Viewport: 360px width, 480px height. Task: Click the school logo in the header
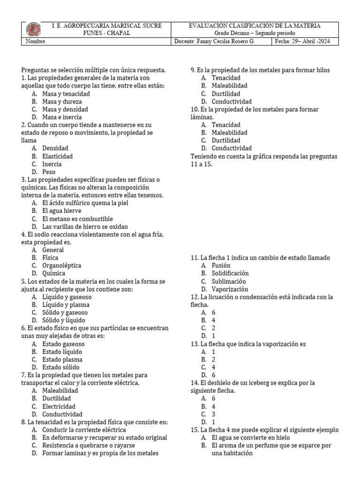pos(33,29)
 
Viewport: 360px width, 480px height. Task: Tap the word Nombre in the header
pos(36,41)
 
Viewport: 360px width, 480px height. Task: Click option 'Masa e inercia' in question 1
pos(62,117)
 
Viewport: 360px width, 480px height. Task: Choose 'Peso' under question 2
pos(49,172)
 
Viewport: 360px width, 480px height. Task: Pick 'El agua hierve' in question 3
pos(62,211)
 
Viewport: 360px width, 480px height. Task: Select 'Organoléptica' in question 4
pos(61,265)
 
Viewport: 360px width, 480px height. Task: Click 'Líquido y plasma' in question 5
pos(65,305)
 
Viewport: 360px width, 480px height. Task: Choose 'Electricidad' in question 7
pos(59,406)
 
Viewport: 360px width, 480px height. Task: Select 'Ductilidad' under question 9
pos(226,94)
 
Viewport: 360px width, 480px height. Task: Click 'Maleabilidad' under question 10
pos(230,133)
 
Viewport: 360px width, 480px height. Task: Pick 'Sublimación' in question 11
pos(229,281)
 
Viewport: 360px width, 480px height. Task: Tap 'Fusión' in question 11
pos(221,265)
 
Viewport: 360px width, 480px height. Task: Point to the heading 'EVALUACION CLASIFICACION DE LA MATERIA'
pos(255,25)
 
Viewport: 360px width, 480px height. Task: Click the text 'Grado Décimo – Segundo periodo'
pos(255,33)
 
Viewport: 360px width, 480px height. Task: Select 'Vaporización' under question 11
pos(230,289)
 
